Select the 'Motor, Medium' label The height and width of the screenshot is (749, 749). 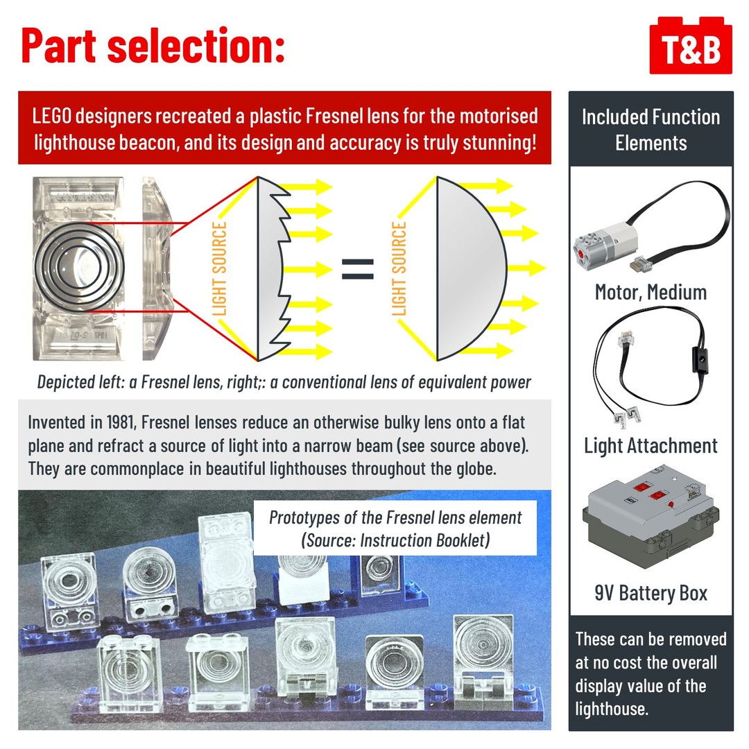[651, 292]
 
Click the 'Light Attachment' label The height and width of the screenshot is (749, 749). [651, 445]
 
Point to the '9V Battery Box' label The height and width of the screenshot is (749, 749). [651, 593]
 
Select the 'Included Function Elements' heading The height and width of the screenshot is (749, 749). [651, 130]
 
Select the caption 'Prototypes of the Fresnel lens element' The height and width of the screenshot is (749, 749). [395, 517]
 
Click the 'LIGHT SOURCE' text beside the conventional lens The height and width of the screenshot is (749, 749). [399, 268]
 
